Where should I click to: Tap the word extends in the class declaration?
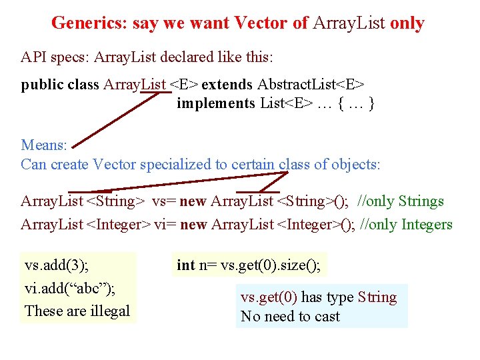pos(227,85)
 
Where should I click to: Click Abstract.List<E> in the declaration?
pos(311,85)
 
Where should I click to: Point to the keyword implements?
pos(215,103)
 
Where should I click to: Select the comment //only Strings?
pos(401,201)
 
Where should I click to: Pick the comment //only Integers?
pos(406,225)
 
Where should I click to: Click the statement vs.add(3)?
pos(57,265)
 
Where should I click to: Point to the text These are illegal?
pos(77,311)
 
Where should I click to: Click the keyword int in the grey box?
pos(185,265)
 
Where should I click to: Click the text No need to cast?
pos(290,317)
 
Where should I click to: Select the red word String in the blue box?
pos(377,297)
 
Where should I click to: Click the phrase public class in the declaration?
pos(60,85)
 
